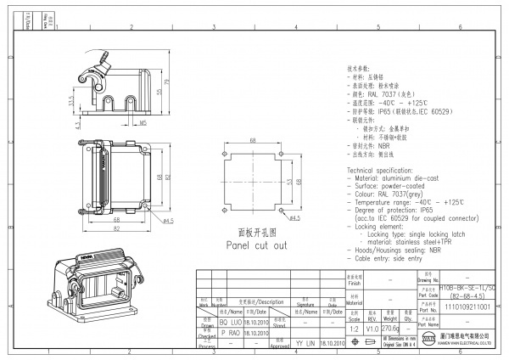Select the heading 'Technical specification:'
coord(389,171)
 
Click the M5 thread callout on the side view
coord(143,122)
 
